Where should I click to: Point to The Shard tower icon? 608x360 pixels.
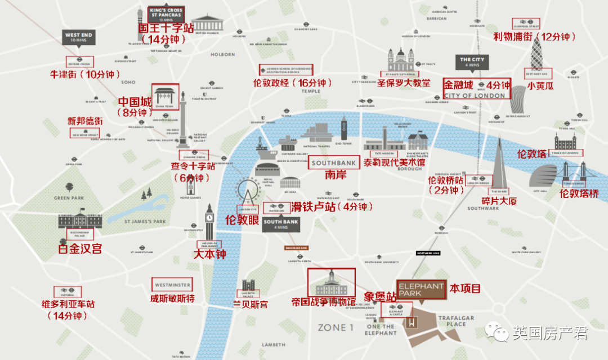point(499,163)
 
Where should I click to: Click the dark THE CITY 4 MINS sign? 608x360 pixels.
point(472,62)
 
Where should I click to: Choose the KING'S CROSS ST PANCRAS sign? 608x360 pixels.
point(166,14)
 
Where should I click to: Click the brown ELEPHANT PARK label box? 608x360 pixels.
point(421,289)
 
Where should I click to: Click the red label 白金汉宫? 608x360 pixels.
point(81,247)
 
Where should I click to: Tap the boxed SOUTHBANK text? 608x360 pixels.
point(334,163)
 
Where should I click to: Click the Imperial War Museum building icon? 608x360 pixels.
point(331,283)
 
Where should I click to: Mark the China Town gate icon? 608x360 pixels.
point(166,96)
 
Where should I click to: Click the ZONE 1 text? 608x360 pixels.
point(336,327)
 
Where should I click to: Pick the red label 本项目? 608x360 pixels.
point(465,289)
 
